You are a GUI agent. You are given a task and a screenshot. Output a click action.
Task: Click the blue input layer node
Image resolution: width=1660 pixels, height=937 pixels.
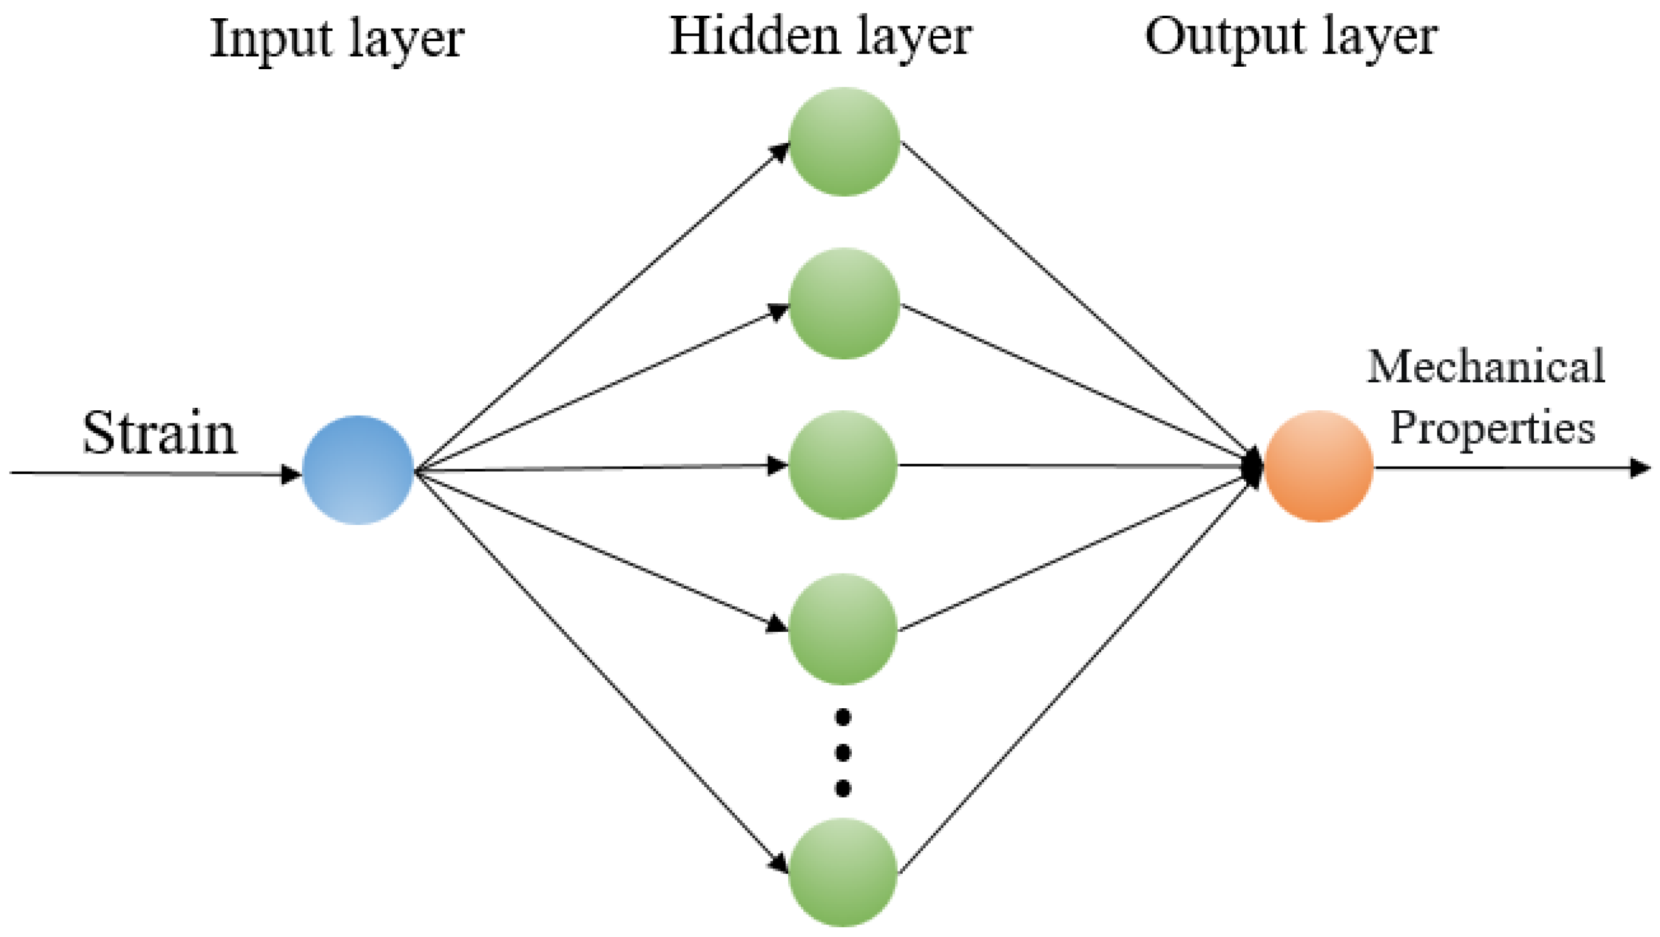[x=357, y=470]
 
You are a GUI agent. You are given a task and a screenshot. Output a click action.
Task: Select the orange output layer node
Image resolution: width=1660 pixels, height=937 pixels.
[x=1318, y=466]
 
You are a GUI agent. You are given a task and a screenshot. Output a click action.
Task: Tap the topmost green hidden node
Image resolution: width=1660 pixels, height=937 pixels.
[x=843, y=141]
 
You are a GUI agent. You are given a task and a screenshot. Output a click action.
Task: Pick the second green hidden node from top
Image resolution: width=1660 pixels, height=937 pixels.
[x=843, y=303]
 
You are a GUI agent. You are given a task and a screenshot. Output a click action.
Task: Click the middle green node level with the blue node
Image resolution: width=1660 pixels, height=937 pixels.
[x=843, y=465]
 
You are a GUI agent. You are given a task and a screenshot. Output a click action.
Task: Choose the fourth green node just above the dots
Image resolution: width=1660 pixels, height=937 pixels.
[x=843, y=628]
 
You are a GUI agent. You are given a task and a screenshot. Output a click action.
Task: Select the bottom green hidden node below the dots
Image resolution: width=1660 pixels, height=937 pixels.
[x=843, y=873]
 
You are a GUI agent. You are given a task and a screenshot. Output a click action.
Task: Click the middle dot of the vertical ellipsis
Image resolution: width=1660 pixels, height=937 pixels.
[x=843, y=752]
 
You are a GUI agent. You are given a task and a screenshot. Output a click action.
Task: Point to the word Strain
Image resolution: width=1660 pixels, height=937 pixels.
[x=159, y=433]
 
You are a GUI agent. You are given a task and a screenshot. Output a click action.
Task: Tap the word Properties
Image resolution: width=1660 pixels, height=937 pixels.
[x=1493, y=427]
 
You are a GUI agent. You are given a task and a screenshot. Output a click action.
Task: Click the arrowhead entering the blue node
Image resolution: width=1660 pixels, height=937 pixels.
[x=291, y=475]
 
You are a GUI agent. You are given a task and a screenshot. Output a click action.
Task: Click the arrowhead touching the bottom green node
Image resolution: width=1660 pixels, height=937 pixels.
[x=779, y=863]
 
